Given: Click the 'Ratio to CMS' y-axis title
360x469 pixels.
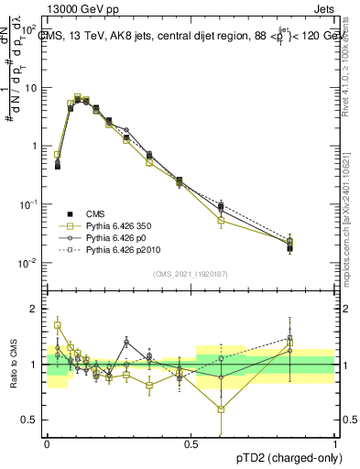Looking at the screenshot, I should click(18, 365).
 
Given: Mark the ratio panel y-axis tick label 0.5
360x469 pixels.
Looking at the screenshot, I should click(33, 420).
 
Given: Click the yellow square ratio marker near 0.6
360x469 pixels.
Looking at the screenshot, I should click(221, 409).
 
